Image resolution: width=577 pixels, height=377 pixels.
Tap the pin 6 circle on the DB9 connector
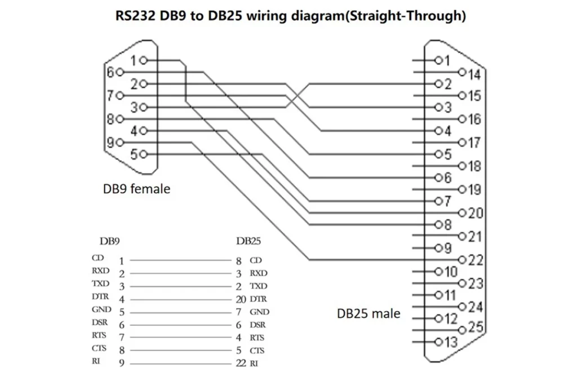(119, 72)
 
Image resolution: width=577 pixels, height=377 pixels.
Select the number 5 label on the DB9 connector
(134, 154)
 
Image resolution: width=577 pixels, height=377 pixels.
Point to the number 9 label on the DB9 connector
(110, 142)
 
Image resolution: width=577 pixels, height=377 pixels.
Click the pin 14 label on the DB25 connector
(474, 74)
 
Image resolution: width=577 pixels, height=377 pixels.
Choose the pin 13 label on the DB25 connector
(451, 341)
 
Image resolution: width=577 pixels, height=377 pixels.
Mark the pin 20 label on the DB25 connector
(475, 213)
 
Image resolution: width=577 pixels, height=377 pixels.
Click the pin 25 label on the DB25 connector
(475, 327)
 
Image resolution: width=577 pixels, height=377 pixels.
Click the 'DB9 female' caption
(136, 189)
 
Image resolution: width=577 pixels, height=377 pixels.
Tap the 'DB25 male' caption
(369, 313)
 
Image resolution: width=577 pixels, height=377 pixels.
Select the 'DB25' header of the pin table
(248, 241)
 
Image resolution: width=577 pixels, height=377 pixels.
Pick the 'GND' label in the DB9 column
(101, 309)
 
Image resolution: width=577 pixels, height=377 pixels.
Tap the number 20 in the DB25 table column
(241, 299)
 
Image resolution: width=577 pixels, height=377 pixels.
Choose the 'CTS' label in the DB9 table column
(99, 348)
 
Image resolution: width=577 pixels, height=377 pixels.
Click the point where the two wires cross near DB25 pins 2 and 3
(298, 96)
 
